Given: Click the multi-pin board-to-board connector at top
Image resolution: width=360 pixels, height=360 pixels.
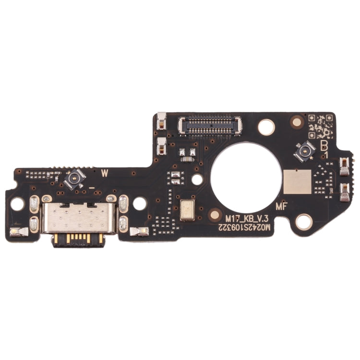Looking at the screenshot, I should click(x=210, y=125).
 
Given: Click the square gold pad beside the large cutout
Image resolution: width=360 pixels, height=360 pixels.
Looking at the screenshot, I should click(x=297, y=181).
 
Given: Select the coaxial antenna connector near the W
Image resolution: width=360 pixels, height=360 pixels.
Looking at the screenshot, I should click(x=75, y=180).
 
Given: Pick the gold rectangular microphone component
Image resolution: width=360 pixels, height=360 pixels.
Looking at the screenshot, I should click(x=187, y=210).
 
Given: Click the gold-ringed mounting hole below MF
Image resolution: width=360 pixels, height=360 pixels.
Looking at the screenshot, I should click(x=303, y=221).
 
